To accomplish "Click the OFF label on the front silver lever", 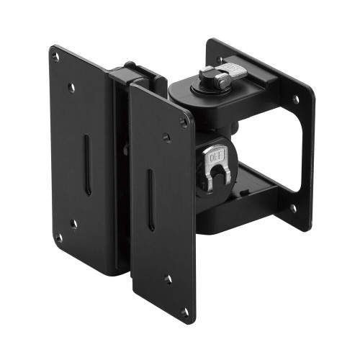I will click(x=213, y=153).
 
